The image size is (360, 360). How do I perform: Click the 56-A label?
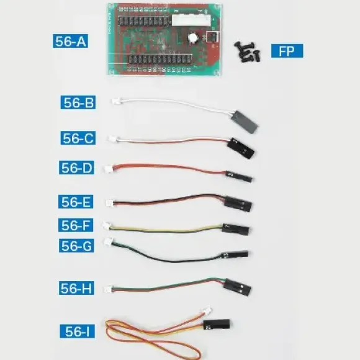70,41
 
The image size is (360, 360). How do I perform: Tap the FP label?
287,51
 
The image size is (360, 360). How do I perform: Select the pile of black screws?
247,52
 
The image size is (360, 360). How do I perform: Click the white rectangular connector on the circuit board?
191,20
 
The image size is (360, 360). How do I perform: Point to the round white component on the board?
193,38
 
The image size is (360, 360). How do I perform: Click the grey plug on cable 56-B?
245,122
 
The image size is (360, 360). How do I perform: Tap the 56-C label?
78,138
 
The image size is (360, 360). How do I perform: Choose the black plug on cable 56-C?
240,148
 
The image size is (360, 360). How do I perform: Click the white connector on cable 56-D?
109,168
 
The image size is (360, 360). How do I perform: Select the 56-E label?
76,202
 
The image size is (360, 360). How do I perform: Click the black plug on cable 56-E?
237,204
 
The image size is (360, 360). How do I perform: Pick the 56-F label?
76,225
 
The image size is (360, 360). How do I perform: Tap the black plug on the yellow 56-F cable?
236,230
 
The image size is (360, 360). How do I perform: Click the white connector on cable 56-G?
109,241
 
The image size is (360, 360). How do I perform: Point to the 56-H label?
76,288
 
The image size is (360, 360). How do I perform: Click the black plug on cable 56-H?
237,287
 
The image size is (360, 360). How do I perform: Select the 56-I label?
77,331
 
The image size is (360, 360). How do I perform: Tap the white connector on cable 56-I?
207,310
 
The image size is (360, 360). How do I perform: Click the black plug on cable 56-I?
217,324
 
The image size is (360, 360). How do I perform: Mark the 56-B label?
78,102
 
